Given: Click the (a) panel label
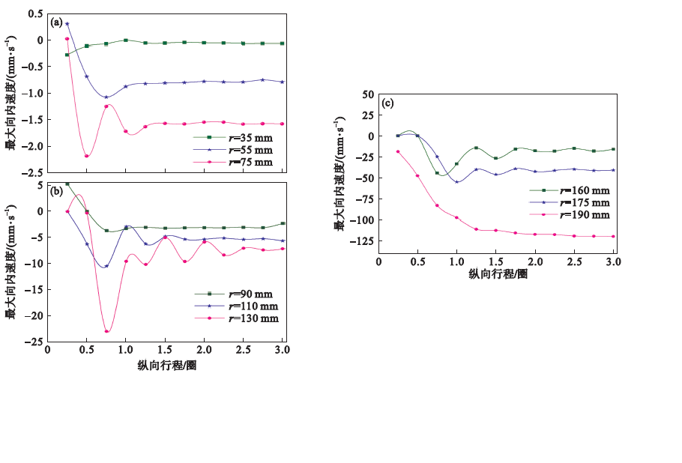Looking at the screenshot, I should pyautogui.click(x=55, y=22).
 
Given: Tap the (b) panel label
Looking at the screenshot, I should pyautogui.click(x=55, y=191).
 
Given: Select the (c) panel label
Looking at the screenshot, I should pyautogui.click(x=387, y=103).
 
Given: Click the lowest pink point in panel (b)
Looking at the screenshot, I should pyautogui.click(x=106, y=331).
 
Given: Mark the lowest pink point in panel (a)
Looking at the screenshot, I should pyautogui.click(x=87, y=156).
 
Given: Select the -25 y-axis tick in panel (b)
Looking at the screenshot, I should pyautogui.click(x=33, y=342).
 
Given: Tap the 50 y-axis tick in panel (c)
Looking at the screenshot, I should pyautogui.click(x=367, y=94).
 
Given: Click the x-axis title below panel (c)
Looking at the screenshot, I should pyautogui.click(x=498, y=273).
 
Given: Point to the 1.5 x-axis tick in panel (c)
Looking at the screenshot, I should pyautogui.click(x=495, y=260).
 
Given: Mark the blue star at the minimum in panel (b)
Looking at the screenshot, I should pyautogui.click(x=106, y=266).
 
